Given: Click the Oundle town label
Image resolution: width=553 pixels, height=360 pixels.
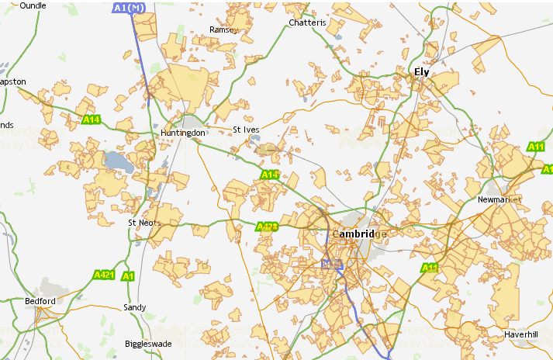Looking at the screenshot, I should [33, 5].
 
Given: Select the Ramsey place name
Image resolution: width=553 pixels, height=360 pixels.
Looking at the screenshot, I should [222, 30].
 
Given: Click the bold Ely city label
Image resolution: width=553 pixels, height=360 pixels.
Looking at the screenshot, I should [421, 72].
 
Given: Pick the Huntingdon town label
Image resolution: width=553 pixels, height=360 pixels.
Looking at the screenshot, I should [183, 133].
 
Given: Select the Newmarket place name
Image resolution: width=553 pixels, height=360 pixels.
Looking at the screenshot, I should [500, 199].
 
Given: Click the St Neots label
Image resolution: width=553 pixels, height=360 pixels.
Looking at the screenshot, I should [143, 223].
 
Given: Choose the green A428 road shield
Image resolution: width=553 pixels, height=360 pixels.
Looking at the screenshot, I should [267, 227].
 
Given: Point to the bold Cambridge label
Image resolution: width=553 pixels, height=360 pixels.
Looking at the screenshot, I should [358, 234].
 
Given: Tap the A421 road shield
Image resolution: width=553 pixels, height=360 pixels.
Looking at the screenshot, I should [103, 275].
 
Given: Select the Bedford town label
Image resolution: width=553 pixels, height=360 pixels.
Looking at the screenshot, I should [40, 301].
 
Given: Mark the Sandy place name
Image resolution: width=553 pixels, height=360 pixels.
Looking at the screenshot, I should [134, 308].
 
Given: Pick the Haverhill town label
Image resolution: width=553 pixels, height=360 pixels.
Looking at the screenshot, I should [520, 334].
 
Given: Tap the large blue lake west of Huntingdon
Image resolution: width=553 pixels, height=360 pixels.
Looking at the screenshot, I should [117, 161].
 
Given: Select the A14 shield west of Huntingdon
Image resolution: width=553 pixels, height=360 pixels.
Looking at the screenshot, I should [92, 119].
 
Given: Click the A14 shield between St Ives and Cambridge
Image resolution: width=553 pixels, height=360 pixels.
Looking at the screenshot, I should [270, 175].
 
